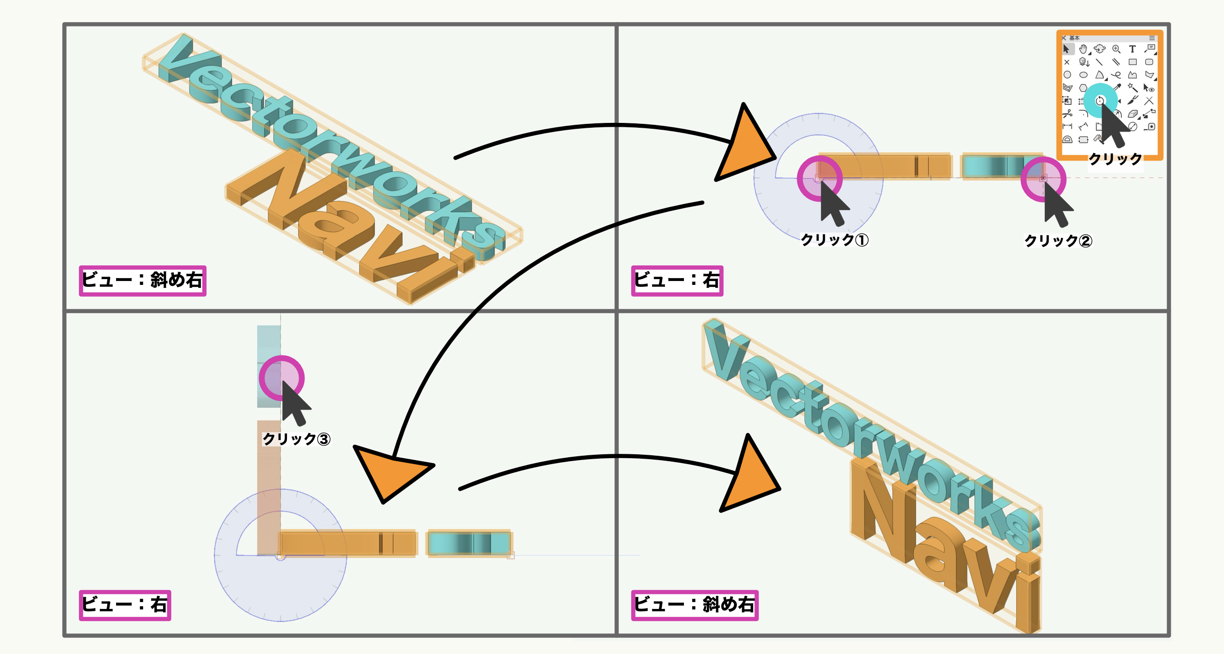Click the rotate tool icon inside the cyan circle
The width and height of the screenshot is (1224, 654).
click(1100, 101)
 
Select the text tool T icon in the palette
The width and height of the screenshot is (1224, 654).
click(1132, 49)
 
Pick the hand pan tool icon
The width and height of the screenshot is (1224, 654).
click(1083, 49)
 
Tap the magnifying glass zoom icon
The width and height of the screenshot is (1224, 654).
click(1116, 49)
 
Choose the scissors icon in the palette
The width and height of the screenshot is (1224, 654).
click(1067, 114)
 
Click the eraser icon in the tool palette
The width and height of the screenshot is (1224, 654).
click(1132, 114)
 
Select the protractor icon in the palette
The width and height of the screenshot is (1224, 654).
click(1067, 140)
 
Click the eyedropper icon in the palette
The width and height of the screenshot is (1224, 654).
click(1117, 88)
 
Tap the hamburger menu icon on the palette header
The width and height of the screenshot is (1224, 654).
click(1152, 38)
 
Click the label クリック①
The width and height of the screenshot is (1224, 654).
click(834, 240)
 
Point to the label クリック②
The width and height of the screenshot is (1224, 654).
click(1058, 241)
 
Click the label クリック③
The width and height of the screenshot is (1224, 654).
click(296, 439)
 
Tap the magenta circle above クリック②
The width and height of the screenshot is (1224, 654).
click(1043, 179)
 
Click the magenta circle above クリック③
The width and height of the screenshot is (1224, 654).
click(282, 378)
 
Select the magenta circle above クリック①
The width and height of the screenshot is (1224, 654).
click(820, 179)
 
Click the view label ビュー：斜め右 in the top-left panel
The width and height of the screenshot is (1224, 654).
click(142, 280)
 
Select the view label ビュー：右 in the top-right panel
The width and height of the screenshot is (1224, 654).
click(677, 280)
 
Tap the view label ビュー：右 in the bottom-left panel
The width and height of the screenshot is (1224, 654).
click(125, 605)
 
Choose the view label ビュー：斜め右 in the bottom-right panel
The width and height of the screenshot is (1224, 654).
click(695, 605)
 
